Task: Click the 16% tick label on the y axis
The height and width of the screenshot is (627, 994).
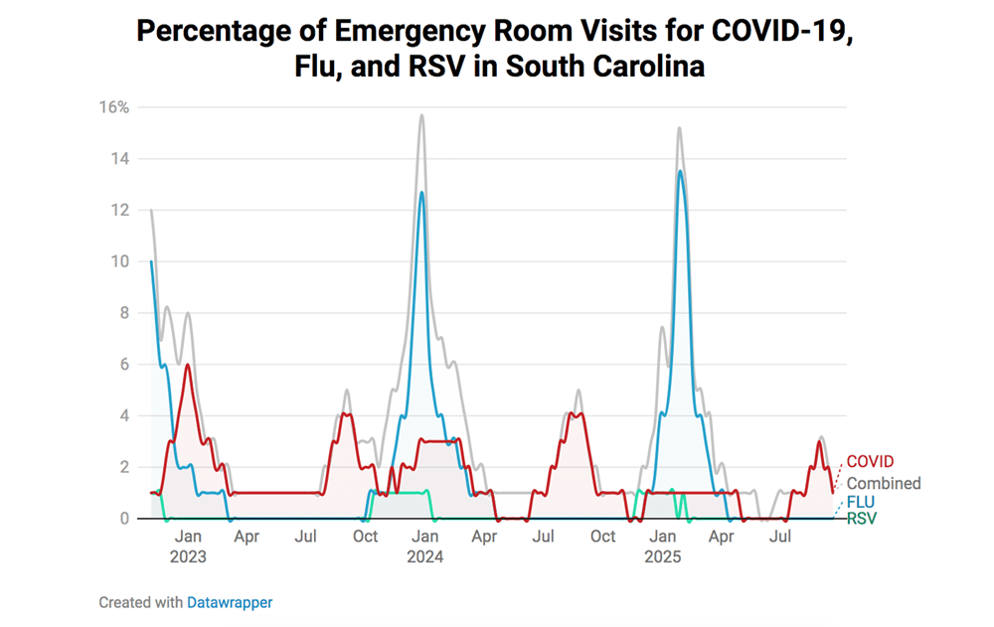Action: click(112, 107)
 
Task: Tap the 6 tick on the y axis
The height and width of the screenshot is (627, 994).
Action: click(124, 365)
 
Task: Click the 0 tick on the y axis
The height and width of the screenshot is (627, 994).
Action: click(124, 519)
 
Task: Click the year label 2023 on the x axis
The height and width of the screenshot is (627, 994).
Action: click(188, 557)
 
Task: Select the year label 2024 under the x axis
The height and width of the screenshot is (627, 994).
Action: click(424, 557)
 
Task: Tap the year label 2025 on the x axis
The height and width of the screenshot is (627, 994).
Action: click(663, 557)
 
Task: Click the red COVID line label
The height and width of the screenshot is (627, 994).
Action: click(870, 462)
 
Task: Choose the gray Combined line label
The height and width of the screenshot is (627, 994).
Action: click(883, 484)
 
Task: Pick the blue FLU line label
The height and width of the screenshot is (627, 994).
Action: click(861, 503)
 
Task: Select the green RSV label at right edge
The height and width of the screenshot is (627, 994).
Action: click(862, 518)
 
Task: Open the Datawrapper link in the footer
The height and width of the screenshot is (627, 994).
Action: click(230, 602)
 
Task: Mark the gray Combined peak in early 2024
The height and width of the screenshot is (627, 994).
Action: click(421, 115)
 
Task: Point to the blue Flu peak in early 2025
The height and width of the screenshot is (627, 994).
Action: click(680, 171)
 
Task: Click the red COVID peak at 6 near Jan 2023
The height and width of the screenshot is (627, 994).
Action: click(188, 365)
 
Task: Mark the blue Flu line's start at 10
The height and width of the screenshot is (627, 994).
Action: click(151, 262)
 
